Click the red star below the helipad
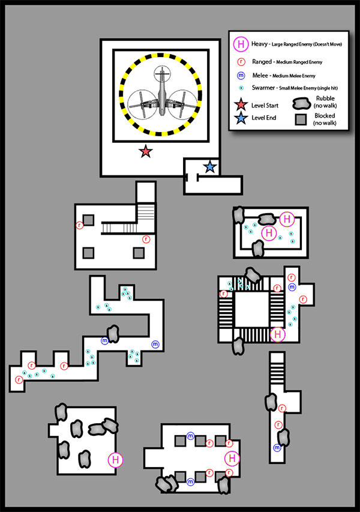pos(145,151)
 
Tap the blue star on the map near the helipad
pos(210,167)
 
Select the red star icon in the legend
pos(241,105)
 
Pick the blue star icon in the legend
pos(241,118)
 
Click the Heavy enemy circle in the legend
pos(241,44)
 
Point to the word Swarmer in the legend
pos(263,88)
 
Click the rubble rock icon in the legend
pos(301,104)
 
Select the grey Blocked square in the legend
pos(301,119)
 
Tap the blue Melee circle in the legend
pos(241,76)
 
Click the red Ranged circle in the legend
pos(241,61)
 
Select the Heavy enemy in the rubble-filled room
pos(115,459)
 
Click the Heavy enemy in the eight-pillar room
pos(232,458)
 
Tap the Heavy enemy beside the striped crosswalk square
pos(277,334)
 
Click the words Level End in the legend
pos(264,118)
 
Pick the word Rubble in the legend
pos(325,98)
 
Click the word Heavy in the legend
pos(259,44)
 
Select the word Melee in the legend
pos(260,76)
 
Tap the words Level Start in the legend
pos(265,105)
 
